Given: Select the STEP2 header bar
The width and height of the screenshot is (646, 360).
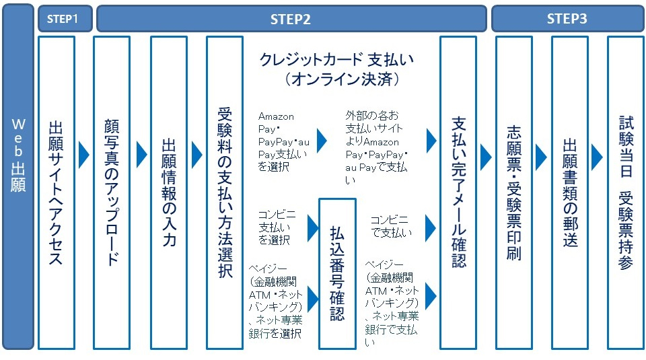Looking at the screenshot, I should click(x=291, y=19).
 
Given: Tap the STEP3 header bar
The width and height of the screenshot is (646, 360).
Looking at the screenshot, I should click(x=567, y=19).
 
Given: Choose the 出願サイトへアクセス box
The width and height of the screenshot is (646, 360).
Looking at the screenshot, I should click(x=56, y=192).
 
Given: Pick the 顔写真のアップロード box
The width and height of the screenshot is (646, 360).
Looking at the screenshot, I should click(x=112, y=192).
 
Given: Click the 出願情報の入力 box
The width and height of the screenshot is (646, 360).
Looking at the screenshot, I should click(x=169, y=192).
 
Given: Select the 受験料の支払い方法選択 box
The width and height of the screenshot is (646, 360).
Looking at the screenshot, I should click(x=225, y=192).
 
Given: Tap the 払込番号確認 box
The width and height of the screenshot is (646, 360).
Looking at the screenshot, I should click(x=337, y=273).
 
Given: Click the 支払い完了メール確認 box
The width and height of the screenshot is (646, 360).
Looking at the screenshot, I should click(x=458, y=192).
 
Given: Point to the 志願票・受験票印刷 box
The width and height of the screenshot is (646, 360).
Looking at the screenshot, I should click(x=514, y=192).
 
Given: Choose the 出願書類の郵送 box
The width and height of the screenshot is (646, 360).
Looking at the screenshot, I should click(x=569, y=192).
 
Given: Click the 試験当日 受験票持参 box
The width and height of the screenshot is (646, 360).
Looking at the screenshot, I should click(x=625, y=192).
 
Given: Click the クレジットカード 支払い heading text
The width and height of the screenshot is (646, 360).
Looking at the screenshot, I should click(x=337, y=60).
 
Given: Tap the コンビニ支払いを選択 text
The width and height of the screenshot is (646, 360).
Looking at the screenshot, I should click(x=277, y=227).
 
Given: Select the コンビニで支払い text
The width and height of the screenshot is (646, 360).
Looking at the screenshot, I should click(x=391, y=227).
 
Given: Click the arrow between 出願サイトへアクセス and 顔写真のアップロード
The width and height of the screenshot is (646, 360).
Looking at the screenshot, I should click(x=84, y=155).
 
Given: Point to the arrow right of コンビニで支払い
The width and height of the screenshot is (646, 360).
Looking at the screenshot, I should click(x=431, y=228).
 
